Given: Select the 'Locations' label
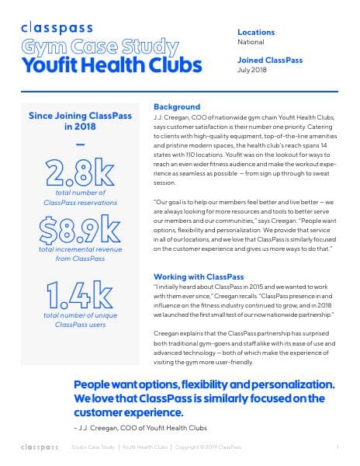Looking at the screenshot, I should (x=257, y=32).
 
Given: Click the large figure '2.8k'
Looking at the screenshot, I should (x=80, y=173).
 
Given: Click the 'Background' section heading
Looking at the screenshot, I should (x=177, y=106).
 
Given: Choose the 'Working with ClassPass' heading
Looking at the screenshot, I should (x=199, y=276).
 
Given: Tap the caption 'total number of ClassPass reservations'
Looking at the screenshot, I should (x=80, y=196).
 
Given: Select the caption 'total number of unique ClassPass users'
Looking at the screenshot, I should (x=80, y=322).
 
